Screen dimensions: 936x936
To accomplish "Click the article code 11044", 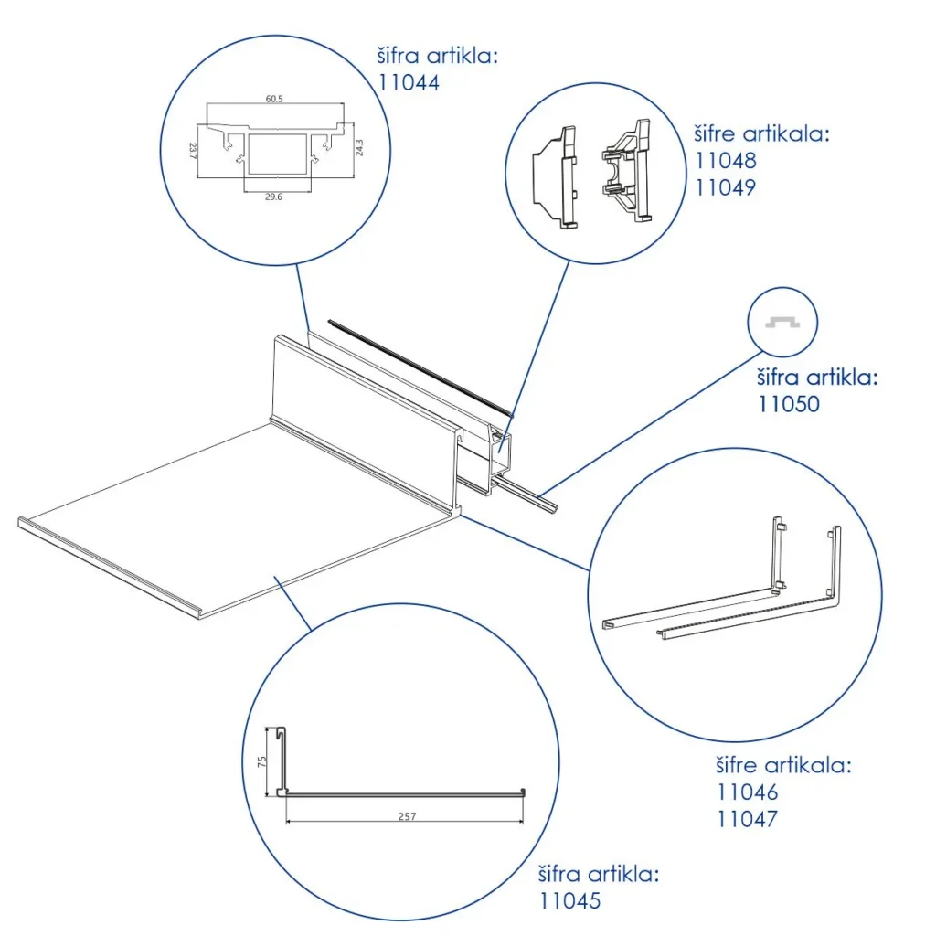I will [x=409, y=83].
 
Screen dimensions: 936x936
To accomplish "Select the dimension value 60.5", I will [x=274, y=101].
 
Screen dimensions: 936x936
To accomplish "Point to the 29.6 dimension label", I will [x=273, y=196].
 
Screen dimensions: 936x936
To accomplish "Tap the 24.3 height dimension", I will [x=358, y=146].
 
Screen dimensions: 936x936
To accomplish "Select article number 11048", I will [x=726, y=161].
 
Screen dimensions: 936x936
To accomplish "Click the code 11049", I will [x=726, y=188].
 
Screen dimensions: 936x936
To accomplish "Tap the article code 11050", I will [x=789, y=403].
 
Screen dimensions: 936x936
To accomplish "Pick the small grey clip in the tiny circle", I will [x=783, y=322].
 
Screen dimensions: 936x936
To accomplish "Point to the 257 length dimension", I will [x=408, y=816].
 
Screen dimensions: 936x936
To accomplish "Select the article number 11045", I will [x=569, y=901].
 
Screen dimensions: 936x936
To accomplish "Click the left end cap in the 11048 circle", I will [x=557, y=175].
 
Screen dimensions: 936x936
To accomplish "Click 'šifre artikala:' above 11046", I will [x=784, y=766].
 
